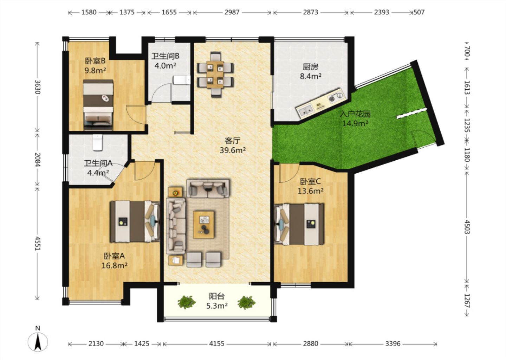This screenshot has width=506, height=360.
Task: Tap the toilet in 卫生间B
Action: (182, 80)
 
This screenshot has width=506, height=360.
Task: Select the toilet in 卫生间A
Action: (98, 142)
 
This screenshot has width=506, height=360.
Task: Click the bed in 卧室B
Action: (98, 105)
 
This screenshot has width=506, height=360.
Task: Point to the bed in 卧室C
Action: (299, 224)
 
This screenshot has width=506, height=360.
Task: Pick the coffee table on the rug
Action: (204, 225)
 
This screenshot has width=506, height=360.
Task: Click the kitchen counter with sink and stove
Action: (321, 103)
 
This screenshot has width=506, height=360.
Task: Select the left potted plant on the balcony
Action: (187, 302)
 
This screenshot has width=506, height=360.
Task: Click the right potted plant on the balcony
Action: (246, 302)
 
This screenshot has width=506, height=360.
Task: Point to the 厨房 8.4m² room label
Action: (311, 72)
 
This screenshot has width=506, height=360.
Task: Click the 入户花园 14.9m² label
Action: (355, 118)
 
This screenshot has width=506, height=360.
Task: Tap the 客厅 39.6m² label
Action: (233, 145)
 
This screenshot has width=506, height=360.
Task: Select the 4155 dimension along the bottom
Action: (216, 344)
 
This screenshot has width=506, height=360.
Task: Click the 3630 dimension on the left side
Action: (38, 87)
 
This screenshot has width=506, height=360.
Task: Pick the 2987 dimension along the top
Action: (232, 12)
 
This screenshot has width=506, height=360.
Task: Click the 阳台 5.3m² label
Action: (216, 301)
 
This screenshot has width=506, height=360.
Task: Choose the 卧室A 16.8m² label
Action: (114, 261)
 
